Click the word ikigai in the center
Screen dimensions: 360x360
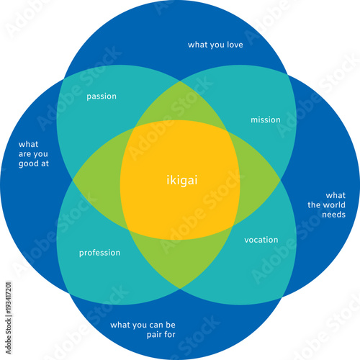tap(180, 181)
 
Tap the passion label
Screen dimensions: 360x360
tap(102, 96)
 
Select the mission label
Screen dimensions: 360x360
tap(266, 120)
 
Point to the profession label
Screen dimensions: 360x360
tap(99, 253)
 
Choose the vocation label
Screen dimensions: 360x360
tap(261, 240)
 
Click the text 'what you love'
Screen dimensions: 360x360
tap(215, 45)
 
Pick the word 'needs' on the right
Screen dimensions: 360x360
tap(334, 215)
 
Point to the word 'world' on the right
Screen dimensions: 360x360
tap(334, 204)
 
